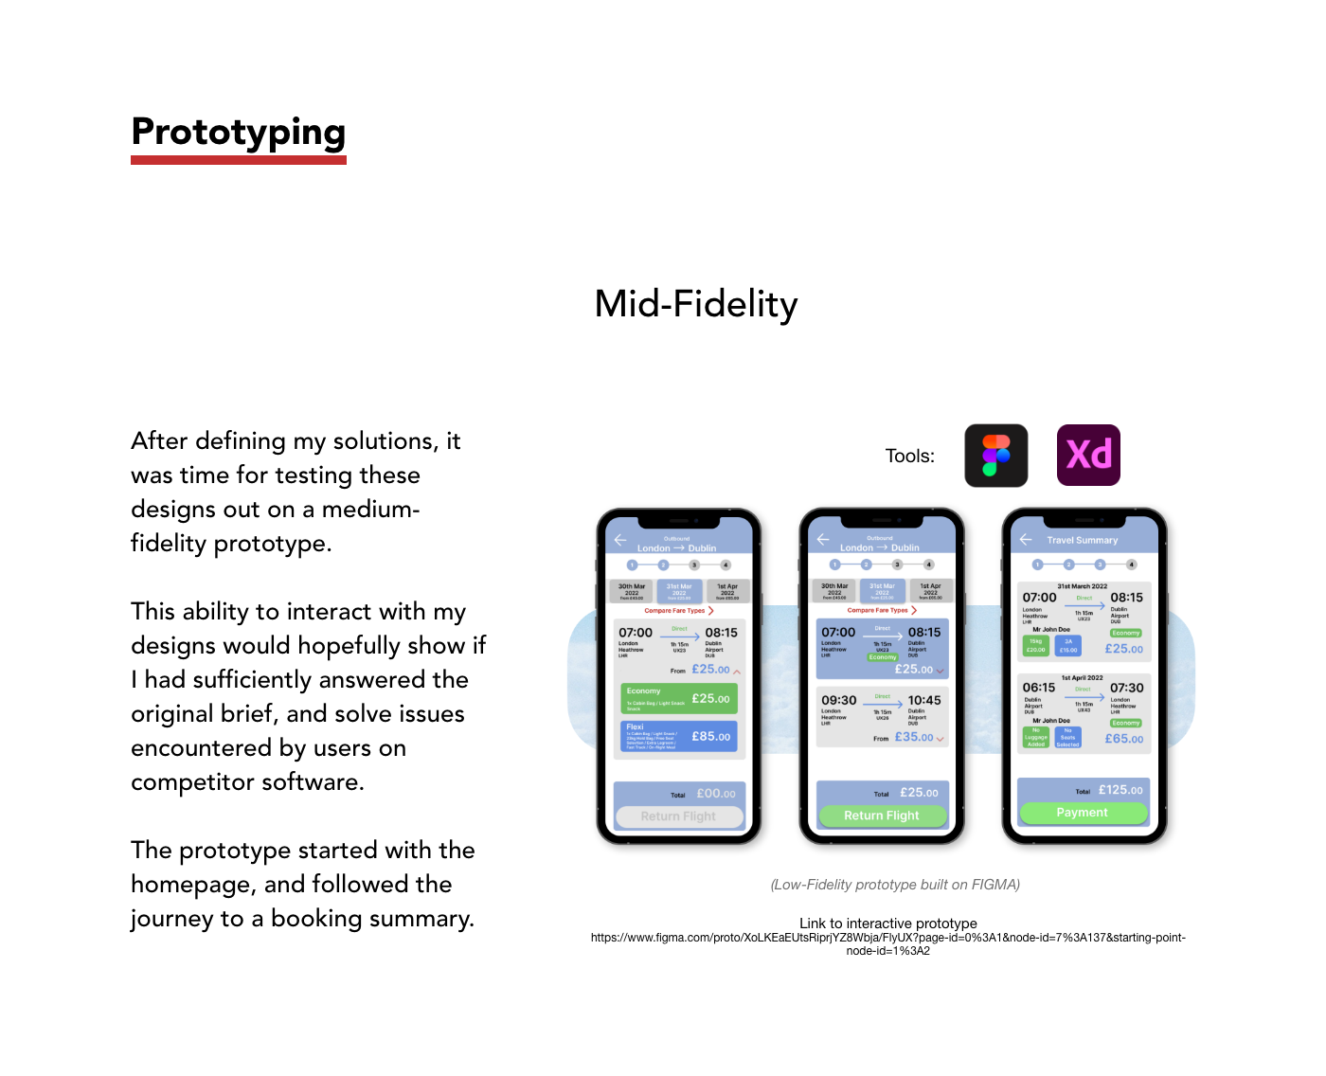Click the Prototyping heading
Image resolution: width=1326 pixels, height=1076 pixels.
click(x=239, y=133)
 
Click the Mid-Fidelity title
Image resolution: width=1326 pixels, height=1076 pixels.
click(x=696, y=304)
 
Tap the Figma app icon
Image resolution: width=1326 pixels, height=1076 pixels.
click(x=996, y=456)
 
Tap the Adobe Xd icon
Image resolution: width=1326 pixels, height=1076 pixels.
click(x=1088, y=455)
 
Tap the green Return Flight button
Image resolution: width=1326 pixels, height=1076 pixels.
click(x=882, y=816)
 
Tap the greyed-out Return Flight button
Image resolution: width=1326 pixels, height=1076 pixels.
click(x=678, y=816)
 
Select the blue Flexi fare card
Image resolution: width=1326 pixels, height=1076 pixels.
click(x=678, y=737)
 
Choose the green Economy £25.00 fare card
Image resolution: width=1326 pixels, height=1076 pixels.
click(x=678, y=698)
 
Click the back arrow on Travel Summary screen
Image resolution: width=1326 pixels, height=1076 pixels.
click(x=1026, y=540)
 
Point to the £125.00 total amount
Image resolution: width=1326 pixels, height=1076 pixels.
click(x=1120, y=790)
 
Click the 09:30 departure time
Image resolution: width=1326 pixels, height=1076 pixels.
click(x=838, y=701)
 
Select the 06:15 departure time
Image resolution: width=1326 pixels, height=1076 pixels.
click(x=1038, y=688)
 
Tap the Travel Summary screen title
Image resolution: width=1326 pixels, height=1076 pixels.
click(x=1082, y=541)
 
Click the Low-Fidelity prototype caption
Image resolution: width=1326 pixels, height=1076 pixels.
click(x=895, y=885)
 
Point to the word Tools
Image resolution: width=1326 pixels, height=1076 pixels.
click(x=909, y=457)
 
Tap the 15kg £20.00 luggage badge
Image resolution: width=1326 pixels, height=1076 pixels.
click(x=1036, y=645)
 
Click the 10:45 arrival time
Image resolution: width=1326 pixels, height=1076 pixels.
click(x=924, y=701)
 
